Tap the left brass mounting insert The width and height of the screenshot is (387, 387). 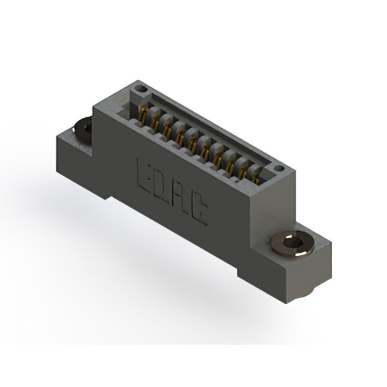tap(83, 128)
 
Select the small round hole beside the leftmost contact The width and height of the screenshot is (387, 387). tap(140, 89)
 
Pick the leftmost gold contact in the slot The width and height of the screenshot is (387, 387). tap(143, 113)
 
